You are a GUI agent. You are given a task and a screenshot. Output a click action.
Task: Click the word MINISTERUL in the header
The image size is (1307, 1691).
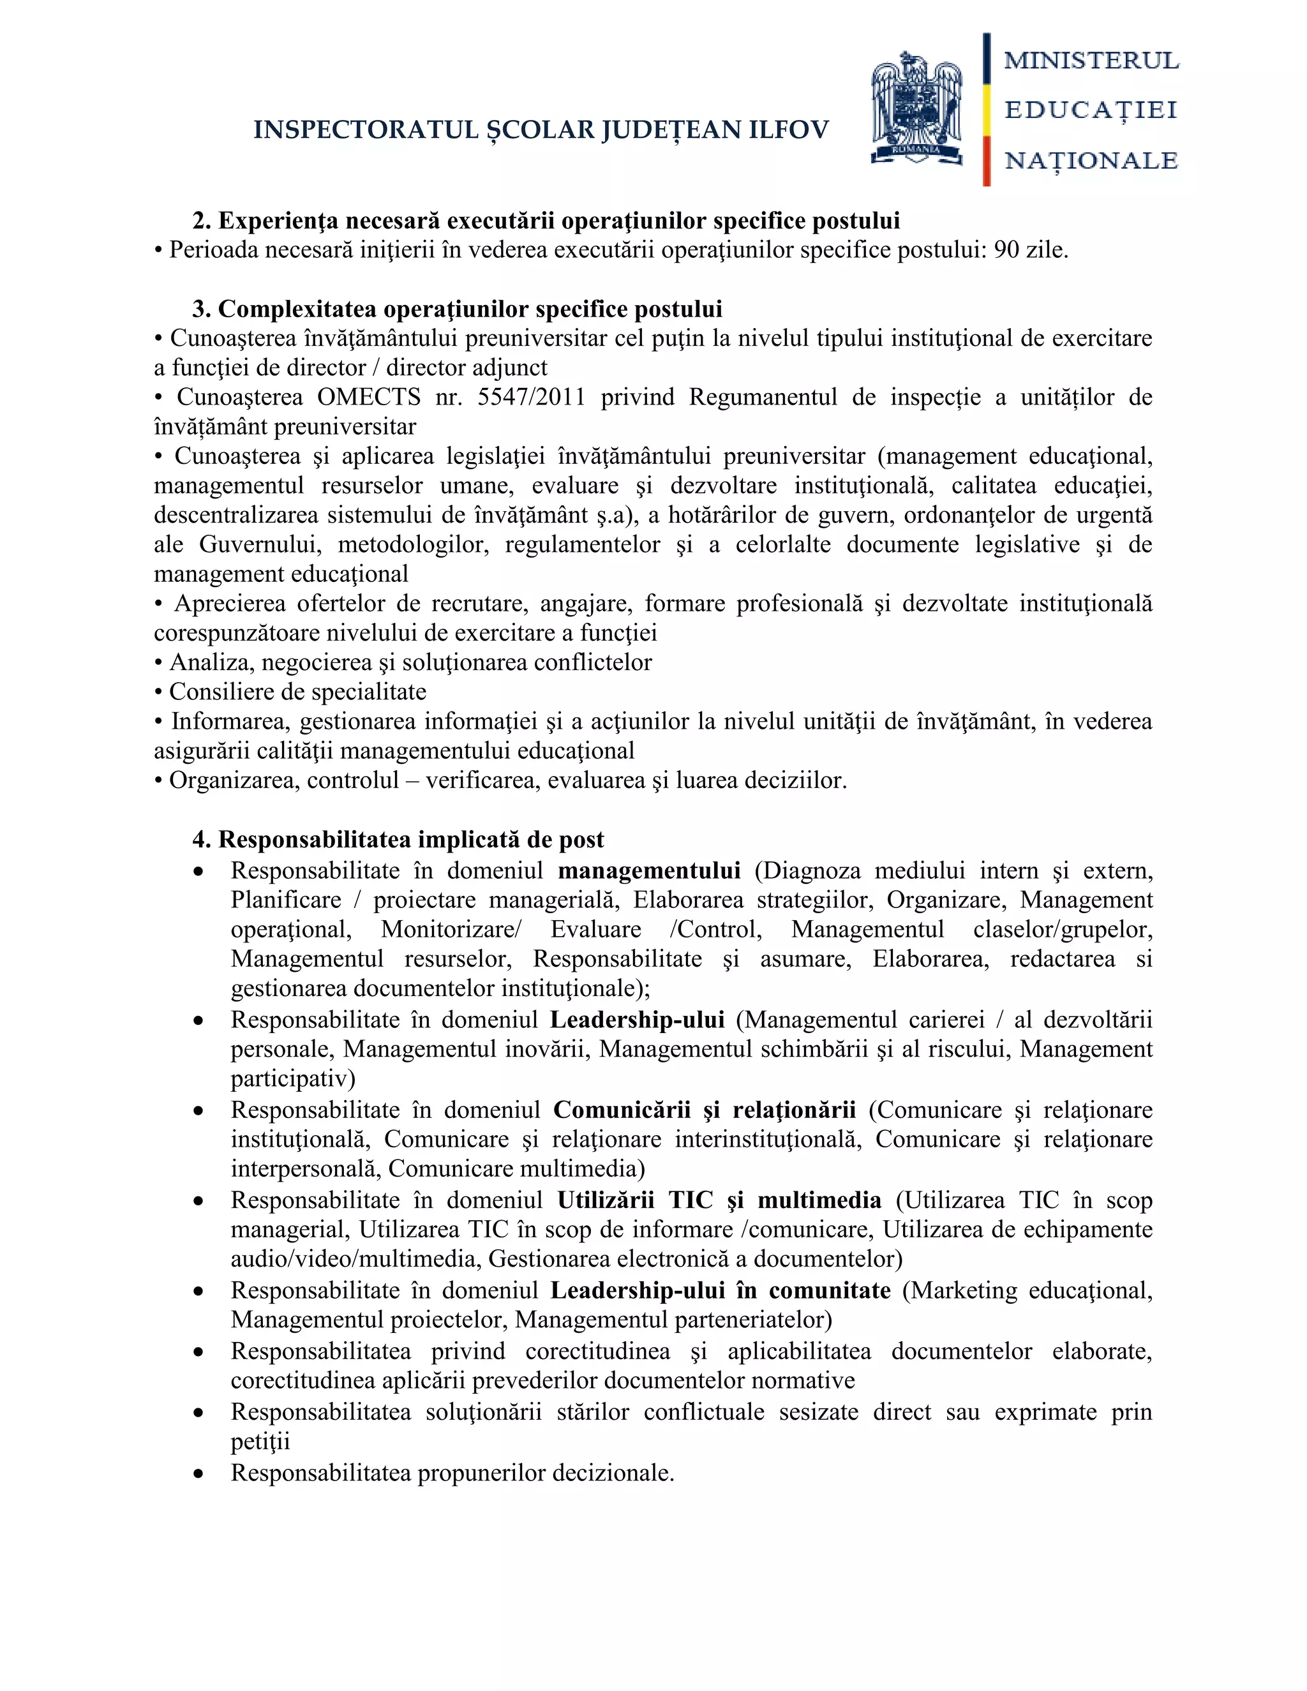1091,61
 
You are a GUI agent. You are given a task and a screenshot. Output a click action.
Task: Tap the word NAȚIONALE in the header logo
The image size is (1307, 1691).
1091,160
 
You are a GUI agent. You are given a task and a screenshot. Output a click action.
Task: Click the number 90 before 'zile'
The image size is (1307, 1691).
1006,250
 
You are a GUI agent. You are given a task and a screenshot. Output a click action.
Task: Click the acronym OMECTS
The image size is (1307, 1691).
369,397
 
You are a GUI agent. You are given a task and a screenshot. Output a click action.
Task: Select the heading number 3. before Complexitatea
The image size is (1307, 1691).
201,309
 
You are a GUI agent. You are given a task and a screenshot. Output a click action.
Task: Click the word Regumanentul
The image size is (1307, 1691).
763,397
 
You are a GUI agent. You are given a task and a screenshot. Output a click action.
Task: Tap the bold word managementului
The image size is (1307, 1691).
649,871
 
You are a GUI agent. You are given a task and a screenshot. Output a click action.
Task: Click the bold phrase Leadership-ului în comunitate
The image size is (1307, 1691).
720,1291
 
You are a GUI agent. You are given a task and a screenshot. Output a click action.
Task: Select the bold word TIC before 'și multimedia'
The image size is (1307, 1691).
691,1200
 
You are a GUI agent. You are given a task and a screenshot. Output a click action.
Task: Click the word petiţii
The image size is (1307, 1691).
260,1441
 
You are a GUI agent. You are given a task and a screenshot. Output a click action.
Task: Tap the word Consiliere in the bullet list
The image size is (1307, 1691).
221,692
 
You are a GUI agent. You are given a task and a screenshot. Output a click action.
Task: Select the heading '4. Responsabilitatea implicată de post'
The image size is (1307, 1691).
398,839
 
